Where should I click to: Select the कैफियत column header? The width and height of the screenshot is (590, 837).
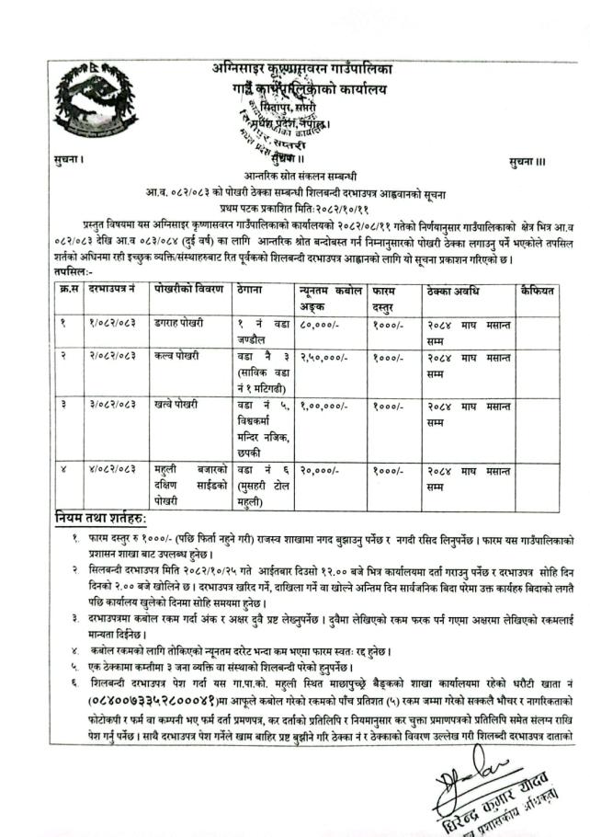coord(537,290)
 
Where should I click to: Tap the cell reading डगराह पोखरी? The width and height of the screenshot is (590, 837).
coord(180,324)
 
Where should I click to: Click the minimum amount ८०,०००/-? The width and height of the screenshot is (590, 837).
coord(317,324)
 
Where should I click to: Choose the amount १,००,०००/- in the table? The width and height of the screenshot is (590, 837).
coord(322,405)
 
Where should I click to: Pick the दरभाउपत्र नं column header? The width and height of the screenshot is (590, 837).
coord(113,290)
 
